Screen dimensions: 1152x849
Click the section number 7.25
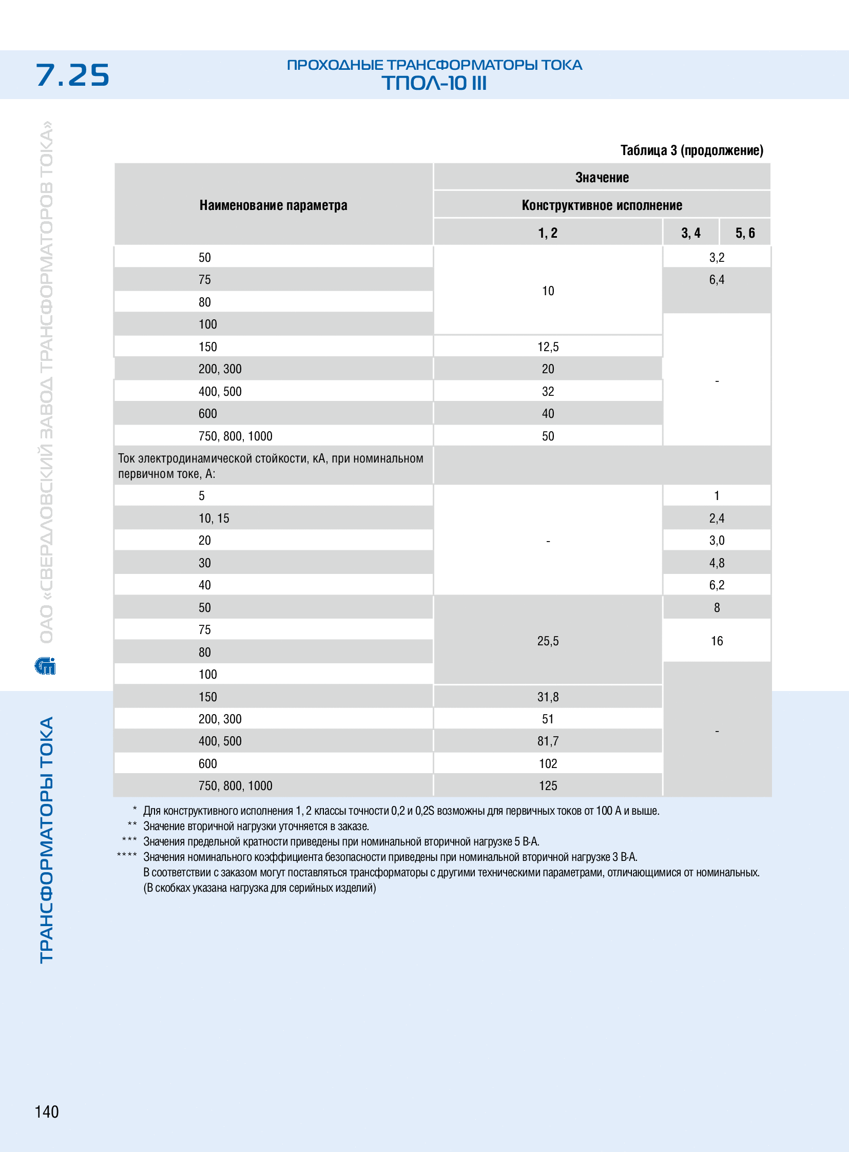click(72, 75)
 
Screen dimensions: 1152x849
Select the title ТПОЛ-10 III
click(434, 83)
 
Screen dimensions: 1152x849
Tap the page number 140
click(47, 1111)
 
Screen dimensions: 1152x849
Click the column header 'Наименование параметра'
click(273, 205)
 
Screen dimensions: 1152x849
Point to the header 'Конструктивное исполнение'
click(602, 205)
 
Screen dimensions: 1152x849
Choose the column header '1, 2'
click(548, 233)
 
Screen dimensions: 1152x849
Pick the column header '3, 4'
click(691, 233)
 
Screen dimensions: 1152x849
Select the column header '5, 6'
click(745, 233)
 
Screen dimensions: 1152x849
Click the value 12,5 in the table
click(548, 347)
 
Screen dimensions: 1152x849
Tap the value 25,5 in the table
click(548, 641)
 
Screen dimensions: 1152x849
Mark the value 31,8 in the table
click(548, 697)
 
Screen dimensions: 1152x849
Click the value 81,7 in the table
click(548, 741)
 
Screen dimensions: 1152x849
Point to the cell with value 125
click(548, 785)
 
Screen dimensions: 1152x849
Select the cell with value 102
click(548, 763)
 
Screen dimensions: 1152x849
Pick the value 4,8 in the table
click(717, 563)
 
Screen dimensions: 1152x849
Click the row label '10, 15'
click(214, 518)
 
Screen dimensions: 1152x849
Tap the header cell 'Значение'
click(602, 177)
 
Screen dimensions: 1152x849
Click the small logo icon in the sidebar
click(45, 666)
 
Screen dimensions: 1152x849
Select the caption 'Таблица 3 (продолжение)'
click(692, 150)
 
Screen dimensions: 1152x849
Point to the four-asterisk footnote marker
click(127, 855)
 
